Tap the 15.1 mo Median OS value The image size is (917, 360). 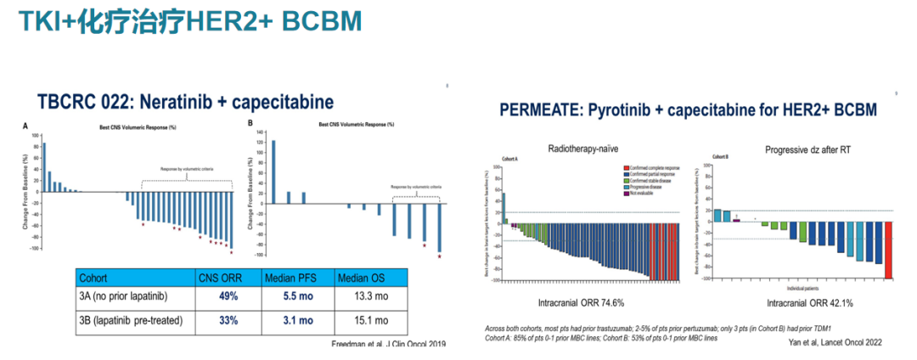click(370, 320)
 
